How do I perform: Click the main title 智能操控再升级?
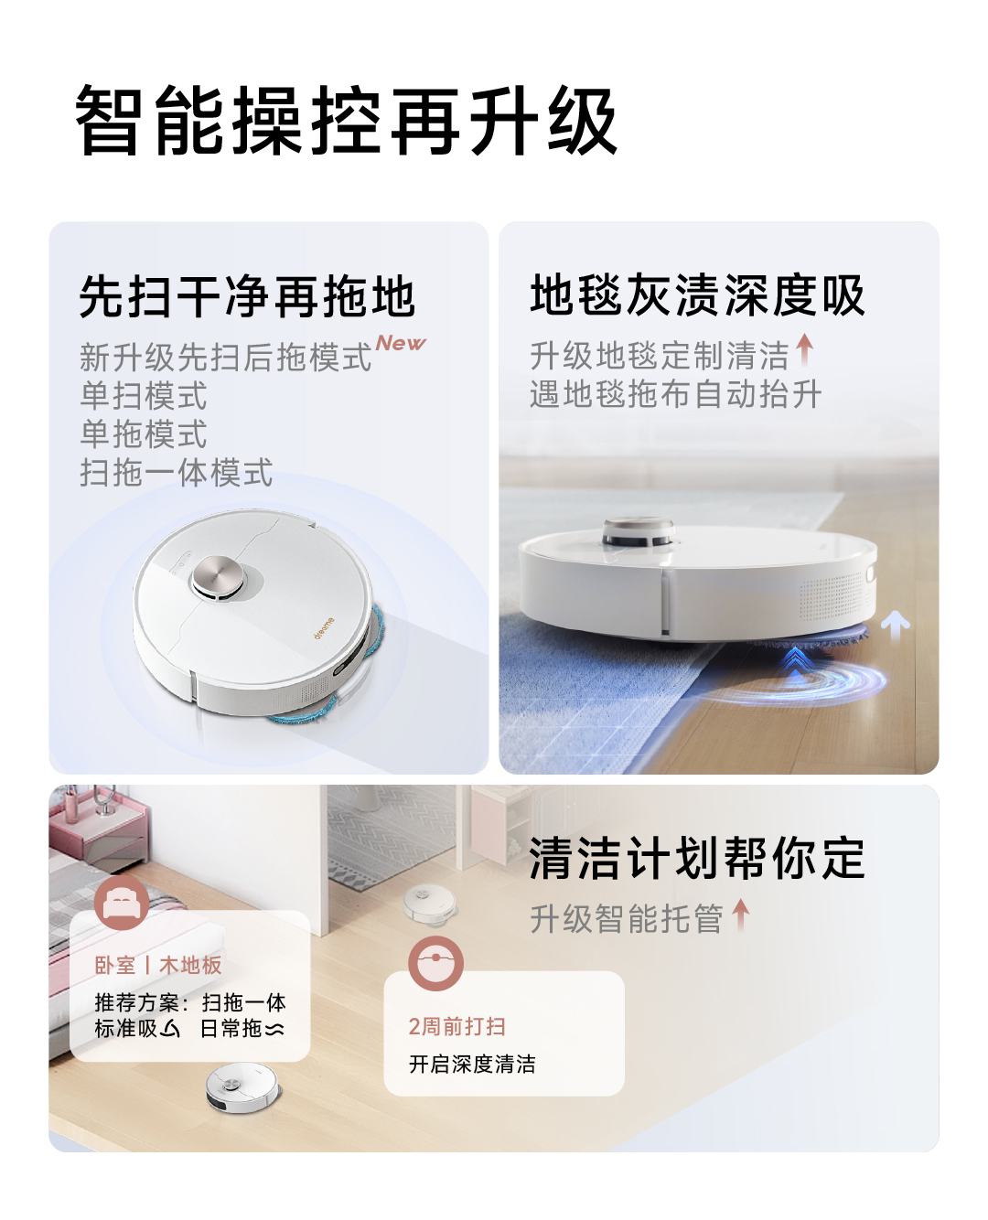pyautogui.click(x=346, y=121)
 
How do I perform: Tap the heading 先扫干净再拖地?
pyautogui.click(x=247, y=297)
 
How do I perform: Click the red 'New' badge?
pyautogui.click(x=401, y=343)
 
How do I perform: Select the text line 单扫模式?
pyautogui.click(x=144, y=396)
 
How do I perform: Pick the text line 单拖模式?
pyautogui.click(x=144, y=434)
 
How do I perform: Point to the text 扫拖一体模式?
pyautogui.click(x=176, y=473)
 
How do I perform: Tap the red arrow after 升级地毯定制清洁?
pyautogui.click(x=804, y=349)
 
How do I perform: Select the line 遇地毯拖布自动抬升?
pyautogui.click(x=675, y=394)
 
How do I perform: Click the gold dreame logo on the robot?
pyautogui.click(x=325, y=627)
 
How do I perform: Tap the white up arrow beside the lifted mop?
pyautogui.click(x=895, y=626)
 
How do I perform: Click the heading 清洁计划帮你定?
pyautogui.click(x=697, y=859)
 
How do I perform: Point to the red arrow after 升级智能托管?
pyautogui.click(x=741, y=914)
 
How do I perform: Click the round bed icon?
pyautogui.click(x=122, y=902)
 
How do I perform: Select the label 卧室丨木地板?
pyautogui.click(x=158, y=965)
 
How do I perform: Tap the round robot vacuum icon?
pyautogui.click(x=435, y=963)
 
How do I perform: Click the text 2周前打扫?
pyautogui.click(x=456, y=1026)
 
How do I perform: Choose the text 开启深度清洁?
pyautogui.click(x=472, y=1064)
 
